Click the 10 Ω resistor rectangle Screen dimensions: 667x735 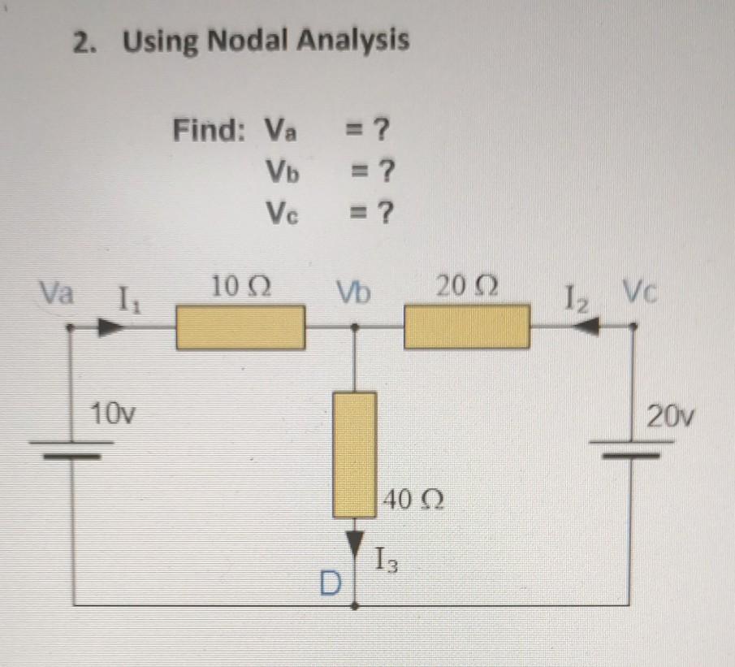coord(241,327)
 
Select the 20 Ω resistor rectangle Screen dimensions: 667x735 coord(467,327)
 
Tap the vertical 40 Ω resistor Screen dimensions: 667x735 coord(355,455)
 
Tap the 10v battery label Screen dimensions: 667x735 coord(113,416)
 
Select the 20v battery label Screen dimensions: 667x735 coord(671,417)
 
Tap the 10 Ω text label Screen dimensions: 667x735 coord(240,287)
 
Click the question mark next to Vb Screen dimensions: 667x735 coord(387,171)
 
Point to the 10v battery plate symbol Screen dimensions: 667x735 coord(71,449)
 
